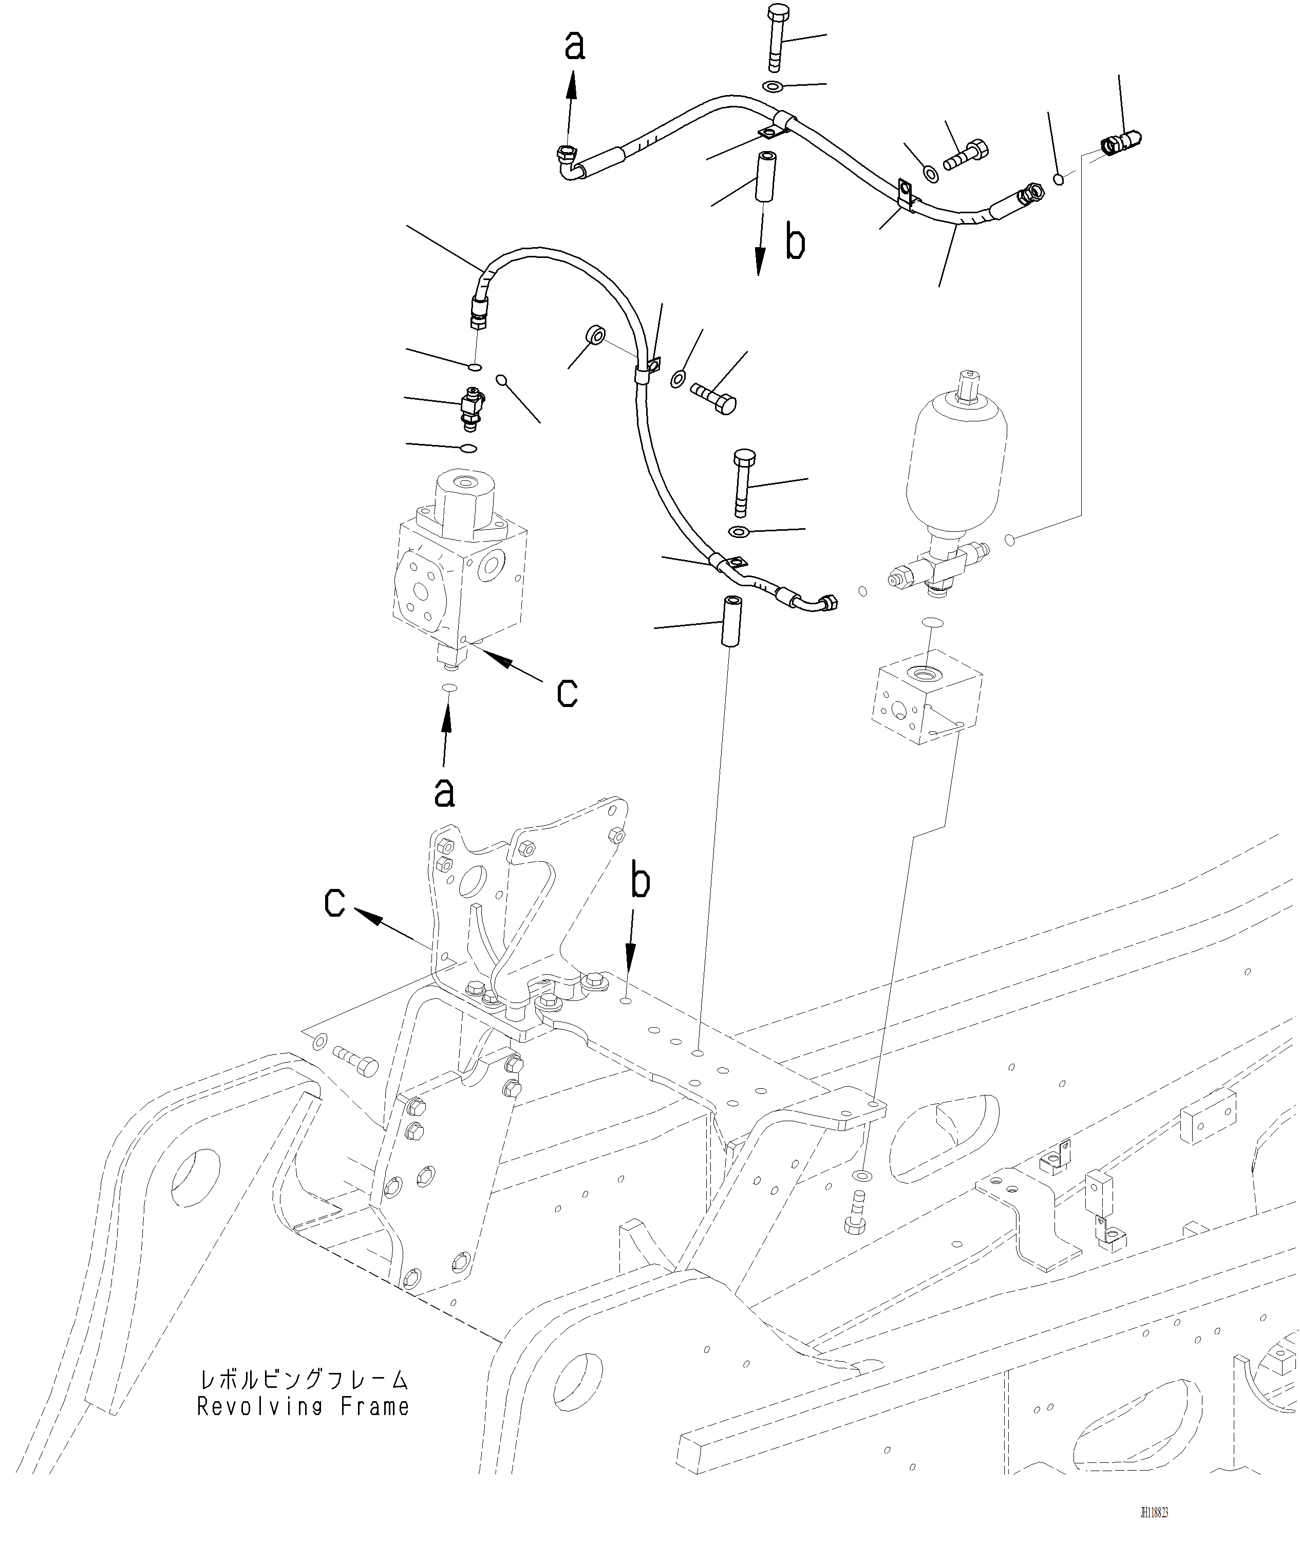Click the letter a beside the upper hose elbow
point(575,46)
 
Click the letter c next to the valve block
point(567,692)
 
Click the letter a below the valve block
point(444,792)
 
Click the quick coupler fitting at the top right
point(1121,141)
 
